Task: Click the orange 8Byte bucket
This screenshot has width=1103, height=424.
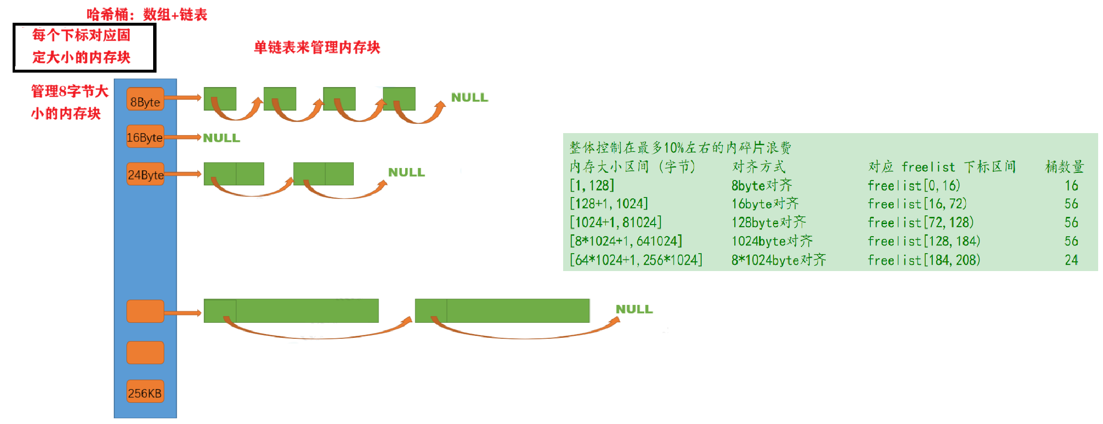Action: [x=145, y=99]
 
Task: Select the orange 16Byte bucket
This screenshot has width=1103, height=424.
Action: [x=145, y=137]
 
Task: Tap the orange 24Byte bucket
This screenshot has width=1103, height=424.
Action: [x=145, y=174]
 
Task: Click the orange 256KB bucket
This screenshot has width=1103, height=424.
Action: [x=145, y=393]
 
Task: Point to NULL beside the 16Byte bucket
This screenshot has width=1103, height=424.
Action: [x=221, y=138]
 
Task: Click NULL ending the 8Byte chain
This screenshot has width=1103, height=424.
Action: [x=469, y=97]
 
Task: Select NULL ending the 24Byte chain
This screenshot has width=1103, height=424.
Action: [x=406, y=172]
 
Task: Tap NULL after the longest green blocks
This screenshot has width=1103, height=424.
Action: [x=634, y=309]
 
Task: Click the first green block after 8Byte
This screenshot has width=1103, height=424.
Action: [x=220, y=99]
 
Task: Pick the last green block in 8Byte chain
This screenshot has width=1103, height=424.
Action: [x=399, y=99]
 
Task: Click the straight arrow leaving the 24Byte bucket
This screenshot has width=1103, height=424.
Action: [x=183, y=174]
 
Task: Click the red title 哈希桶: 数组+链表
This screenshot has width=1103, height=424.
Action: [x=147, y=15]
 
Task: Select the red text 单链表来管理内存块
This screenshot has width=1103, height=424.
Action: [x=317, y=47]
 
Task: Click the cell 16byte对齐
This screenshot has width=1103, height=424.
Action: [x=765, y=204]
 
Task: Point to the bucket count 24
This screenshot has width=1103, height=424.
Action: [x=1071, y=260]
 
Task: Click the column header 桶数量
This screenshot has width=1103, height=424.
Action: [x=1064, y=167]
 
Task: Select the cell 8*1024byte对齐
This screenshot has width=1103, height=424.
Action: [x=778, y=260]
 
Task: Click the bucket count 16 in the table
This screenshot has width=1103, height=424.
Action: [x=1071, y=185]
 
